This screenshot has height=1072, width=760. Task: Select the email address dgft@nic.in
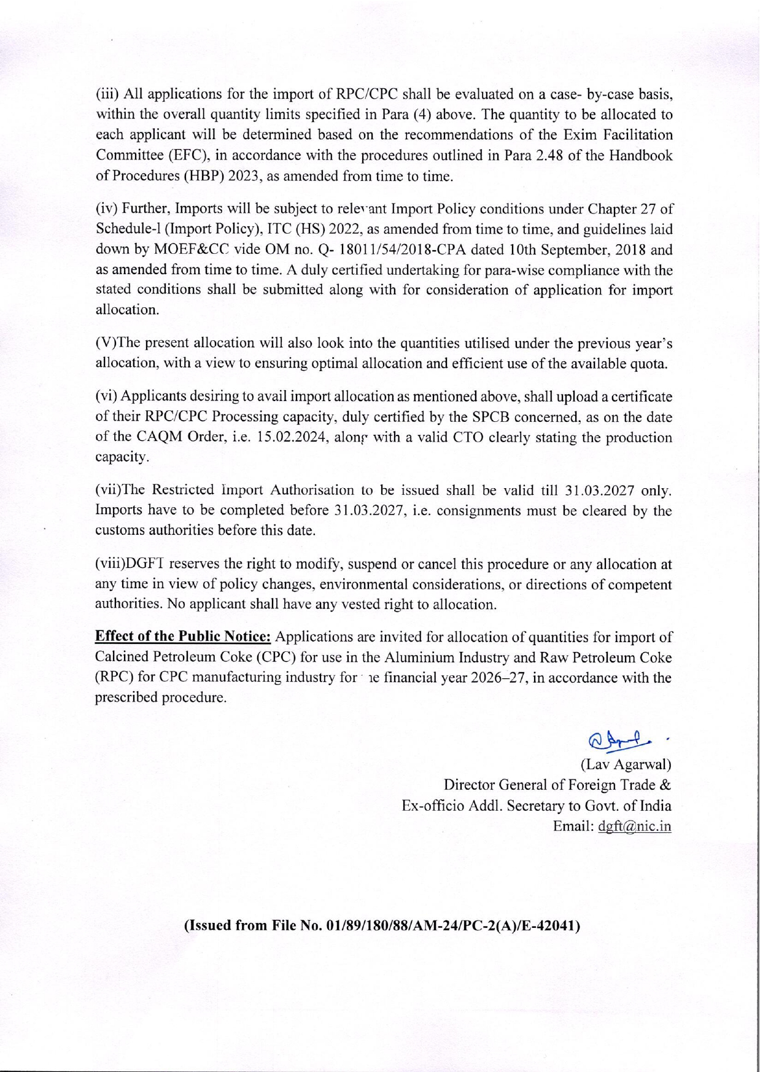point(634,826)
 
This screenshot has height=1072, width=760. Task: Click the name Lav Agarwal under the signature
point(626,765)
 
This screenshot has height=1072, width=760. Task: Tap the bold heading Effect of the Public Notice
point(183,636)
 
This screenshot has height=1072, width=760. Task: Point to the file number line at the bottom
point(382,926)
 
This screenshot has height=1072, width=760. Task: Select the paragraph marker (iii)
point(108,94)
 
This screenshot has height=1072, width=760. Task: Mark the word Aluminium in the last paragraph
point(415,657)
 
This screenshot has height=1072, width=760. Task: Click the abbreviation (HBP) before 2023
point(204,177)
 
